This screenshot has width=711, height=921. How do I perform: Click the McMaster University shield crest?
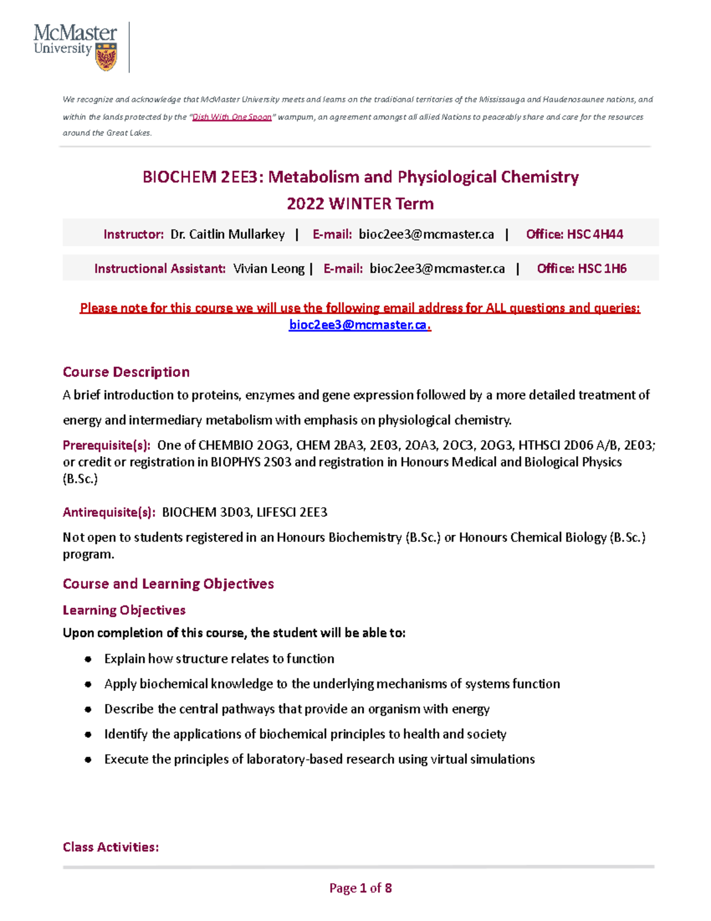(106, 56)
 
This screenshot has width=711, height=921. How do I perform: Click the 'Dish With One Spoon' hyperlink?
(232, 117)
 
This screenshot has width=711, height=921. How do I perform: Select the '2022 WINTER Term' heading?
(360, 203)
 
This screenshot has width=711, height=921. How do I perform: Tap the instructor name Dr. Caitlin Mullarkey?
(228, 234)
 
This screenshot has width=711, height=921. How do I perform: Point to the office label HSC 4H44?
(595, 234)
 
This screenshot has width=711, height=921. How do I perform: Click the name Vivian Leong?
(268, 269)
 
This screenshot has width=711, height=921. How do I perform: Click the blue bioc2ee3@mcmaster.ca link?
(357, 325)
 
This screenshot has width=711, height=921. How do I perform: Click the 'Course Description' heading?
(126, 372)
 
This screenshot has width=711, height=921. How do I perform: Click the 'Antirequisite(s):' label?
(109, 512)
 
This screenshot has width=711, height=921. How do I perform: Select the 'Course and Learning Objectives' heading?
(168, 584)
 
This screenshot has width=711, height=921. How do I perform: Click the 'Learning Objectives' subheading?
(124, 610)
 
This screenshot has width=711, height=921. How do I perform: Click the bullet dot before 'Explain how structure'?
(88, 659)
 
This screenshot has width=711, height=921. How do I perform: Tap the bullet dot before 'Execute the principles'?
(88, 760)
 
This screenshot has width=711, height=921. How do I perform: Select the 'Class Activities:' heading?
(111, 847)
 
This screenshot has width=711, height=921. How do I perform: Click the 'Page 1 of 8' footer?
(360, 888)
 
